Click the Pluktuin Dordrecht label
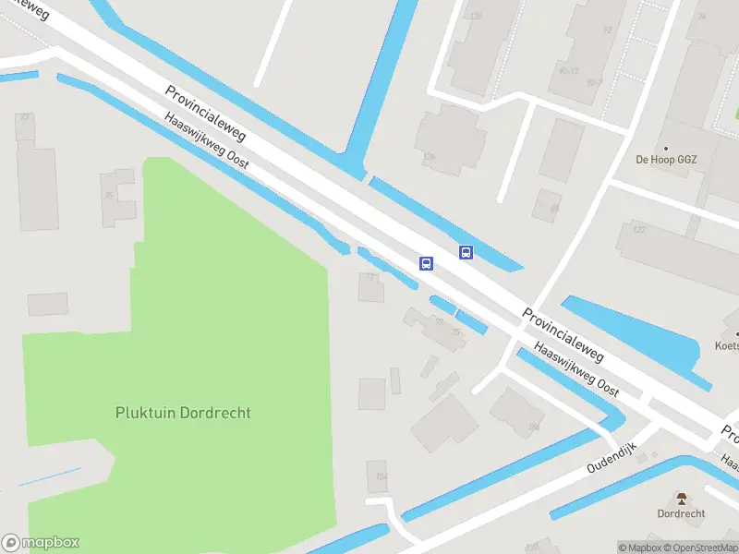[183, 413]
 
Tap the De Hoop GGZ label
[666, 159]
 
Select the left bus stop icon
[426, 263]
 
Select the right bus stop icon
[466, 252]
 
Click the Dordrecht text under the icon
[682, 514]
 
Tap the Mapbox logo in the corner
[41, 543]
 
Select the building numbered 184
[376, 475]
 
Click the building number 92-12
[567, 70]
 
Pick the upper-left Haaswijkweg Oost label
[207, 140]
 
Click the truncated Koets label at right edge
[727, 346]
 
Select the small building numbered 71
[371, 288]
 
